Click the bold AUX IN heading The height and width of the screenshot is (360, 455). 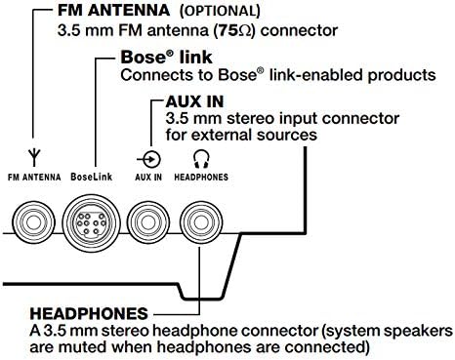[198, 101]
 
